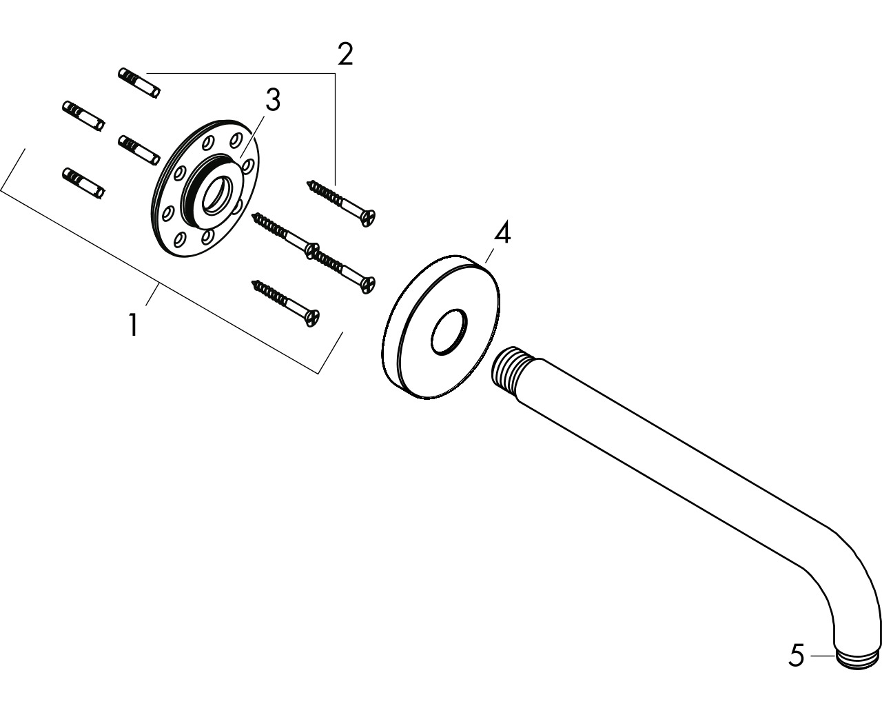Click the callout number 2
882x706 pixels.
click(x=345, y=54)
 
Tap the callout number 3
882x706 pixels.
click(x=273, y=101)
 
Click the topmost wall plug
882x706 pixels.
click(x=139, y=83)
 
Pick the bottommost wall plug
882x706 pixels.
click(x=83, y=183)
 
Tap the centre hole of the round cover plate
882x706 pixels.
click(x=449, y=332)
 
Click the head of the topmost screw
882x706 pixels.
click(x=369, y=217)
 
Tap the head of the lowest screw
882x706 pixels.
click(x=312, y=318)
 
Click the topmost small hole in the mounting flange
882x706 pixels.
click(x=236, y=140)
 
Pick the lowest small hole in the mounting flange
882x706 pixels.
click(x=180, y=239)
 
